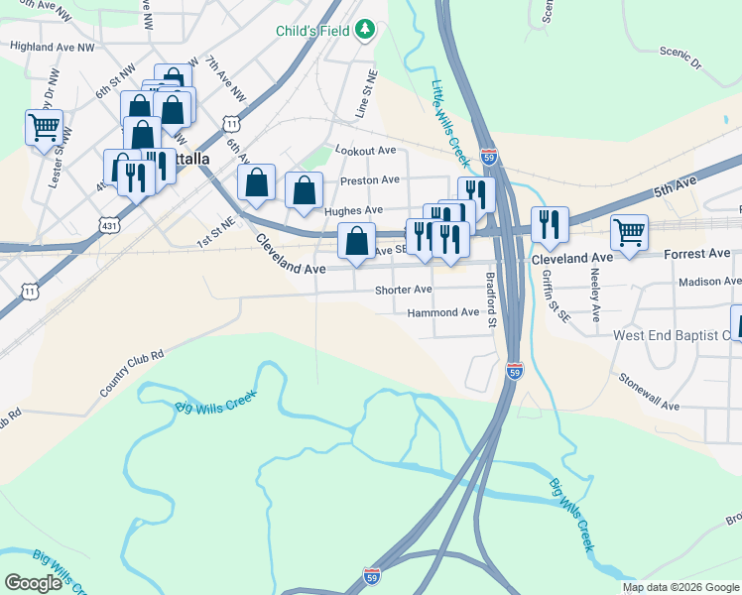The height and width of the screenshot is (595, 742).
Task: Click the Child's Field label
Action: (x=313, y=31)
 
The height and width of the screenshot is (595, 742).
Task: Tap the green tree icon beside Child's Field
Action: (x=365, y=30)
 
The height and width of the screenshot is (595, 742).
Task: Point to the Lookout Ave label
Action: (x=366, y=151)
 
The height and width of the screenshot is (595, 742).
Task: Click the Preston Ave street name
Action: (x=369, y=180)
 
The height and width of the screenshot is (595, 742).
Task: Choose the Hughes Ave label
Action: (x=353, y=210)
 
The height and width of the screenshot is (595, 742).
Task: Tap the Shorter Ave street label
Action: (x=403, y=290)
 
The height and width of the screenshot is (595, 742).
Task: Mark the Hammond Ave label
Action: (x=442, y=312)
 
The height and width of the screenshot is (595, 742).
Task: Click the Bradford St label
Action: (x=490, y=300)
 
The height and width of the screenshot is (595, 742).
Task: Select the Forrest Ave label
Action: (x=697, y=254)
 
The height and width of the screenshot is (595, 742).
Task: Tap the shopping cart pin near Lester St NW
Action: (x=45, y=127)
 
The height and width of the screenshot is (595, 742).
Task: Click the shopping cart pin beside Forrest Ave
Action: (x=629, y=232)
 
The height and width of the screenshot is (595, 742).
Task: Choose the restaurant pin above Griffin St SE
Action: (x=549, y=225)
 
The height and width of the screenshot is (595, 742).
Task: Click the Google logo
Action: (x=34, y=583)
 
